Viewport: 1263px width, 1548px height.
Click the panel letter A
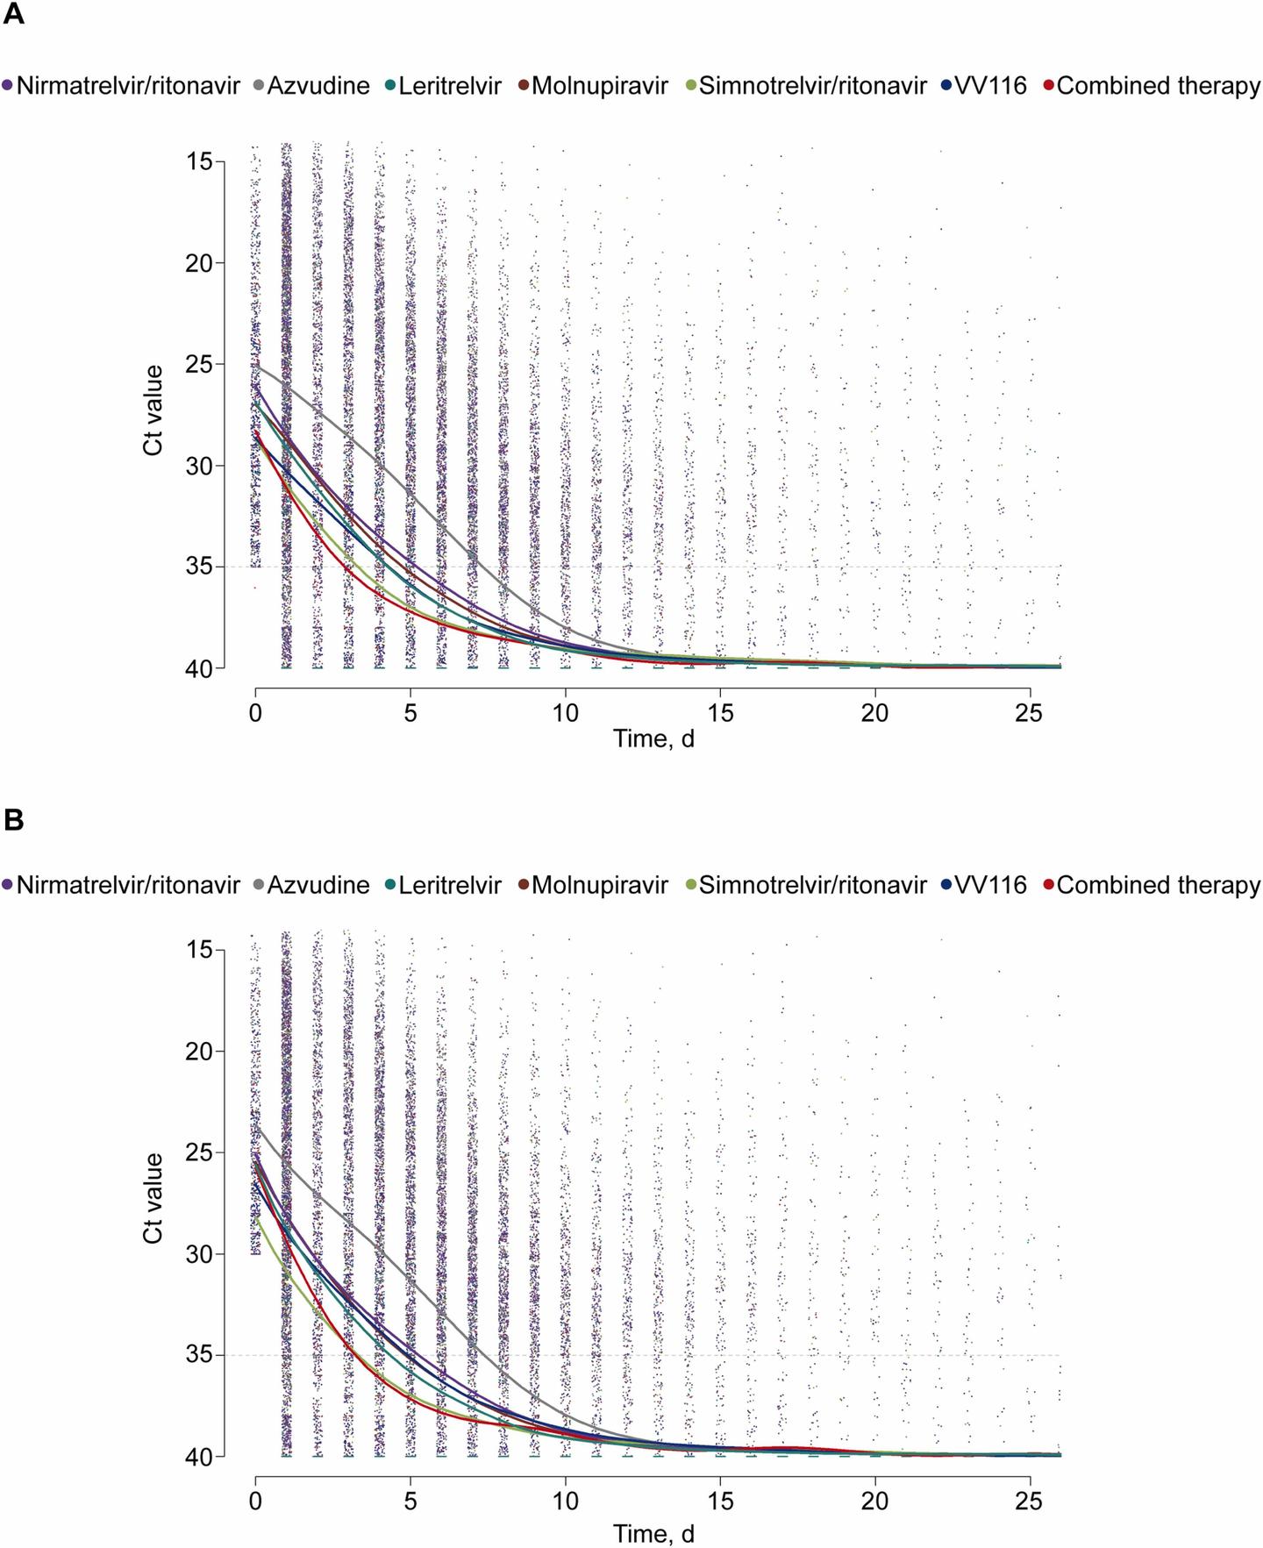13,15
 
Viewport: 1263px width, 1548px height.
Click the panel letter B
13,819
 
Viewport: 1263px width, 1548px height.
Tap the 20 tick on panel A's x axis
874,713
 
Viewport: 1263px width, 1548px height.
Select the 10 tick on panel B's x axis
565,1502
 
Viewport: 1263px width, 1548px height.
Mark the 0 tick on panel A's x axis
255,713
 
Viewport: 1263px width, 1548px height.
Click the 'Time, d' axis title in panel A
653,738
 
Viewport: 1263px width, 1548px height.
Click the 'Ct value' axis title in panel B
153,1197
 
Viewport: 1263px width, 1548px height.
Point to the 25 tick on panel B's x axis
1029,1502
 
